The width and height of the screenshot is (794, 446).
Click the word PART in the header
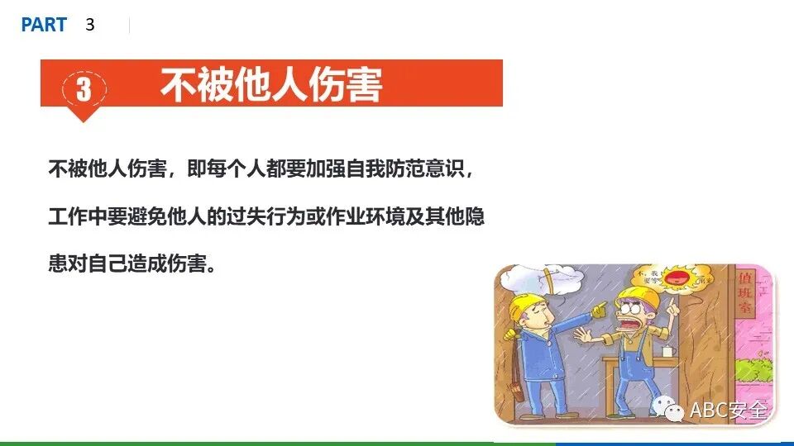click(x=44, y=26)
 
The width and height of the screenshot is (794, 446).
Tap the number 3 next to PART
click(x=90, y=26)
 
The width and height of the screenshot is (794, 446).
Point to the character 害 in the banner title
click(x=361, y=85)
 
